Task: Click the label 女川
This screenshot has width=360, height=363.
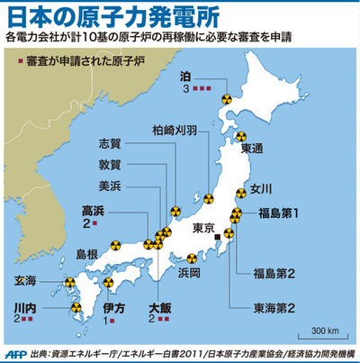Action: pos(260,188)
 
